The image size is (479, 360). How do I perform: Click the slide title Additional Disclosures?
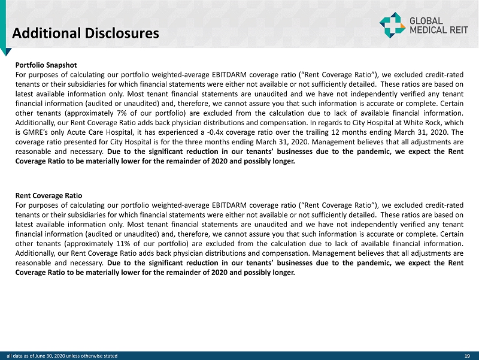click(86, 32)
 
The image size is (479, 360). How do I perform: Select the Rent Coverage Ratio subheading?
click(48, 195)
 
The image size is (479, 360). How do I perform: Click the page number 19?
click(467, 356)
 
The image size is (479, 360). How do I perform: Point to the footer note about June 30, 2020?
click(63, 356)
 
